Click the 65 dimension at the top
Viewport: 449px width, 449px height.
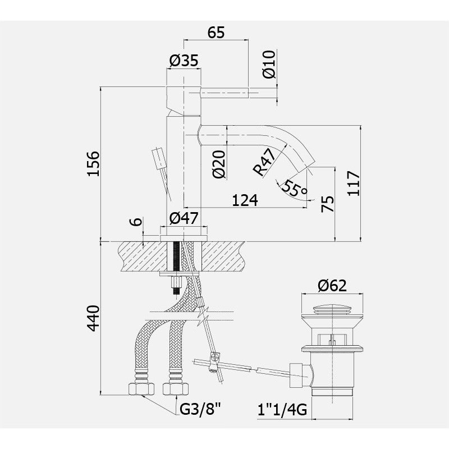point(216,33)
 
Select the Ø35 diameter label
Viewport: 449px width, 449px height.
point(184,61)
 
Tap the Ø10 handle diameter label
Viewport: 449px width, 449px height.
point(269,64)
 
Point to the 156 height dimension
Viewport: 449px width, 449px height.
point(94,163)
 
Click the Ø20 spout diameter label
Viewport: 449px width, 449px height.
point(219,164)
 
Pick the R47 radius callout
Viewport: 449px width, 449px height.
point(264,162)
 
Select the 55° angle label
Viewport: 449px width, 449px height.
point(295,188)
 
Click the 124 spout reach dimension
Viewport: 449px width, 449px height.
point(245,200)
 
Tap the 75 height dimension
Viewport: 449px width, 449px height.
point(328,204)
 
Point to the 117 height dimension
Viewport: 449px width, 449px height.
point(354,184)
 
